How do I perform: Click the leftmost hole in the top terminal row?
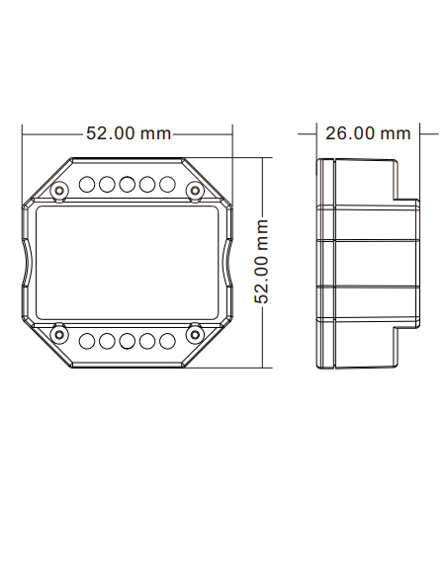tap(86, 184)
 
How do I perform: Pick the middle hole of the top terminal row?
tap(127, 184)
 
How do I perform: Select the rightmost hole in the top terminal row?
tap(167, 184)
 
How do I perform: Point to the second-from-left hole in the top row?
tap(106, 184)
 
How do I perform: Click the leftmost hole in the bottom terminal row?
tap(86, 342)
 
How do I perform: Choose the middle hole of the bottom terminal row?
tap(127, 342)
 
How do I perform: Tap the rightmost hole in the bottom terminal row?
tap(167, 342)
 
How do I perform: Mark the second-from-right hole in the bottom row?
tap(147, 342)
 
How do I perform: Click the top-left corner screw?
tap(59, 189)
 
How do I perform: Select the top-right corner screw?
tap(194, 189)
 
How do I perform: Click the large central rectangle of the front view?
tap(127, 263)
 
